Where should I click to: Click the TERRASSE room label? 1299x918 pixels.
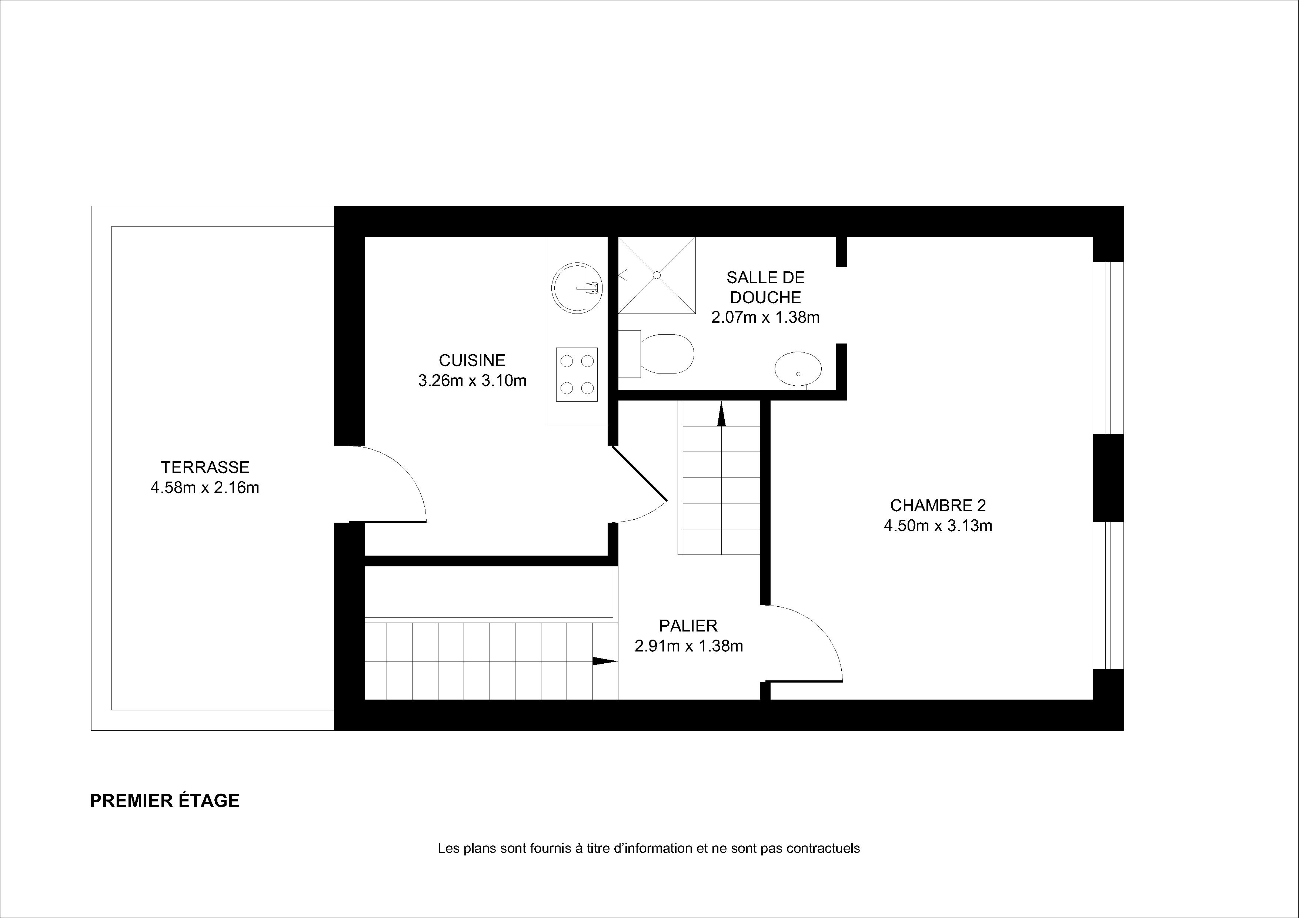pos(205,467)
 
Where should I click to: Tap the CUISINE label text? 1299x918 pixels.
pos(472,360)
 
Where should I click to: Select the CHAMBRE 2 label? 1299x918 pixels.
pos(938,505)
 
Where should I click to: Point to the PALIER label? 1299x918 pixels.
pos(688,626)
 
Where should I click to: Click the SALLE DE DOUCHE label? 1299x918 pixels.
pos(765,287)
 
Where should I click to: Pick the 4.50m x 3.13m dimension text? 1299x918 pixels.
pos(938,526)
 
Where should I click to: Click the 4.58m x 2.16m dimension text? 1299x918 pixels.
pos(205,488)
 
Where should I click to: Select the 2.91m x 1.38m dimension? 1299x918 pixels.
pos(688,646)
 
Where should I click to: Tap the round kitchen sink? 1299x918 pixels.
pos(577,288)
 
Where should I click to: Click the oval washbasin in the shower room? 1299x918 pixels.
pos(798,371)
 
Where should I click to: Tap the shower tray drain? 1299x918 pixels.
pos(657,275)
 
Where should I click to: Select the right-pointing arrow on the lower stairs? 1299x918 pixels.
pos(605,661)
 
